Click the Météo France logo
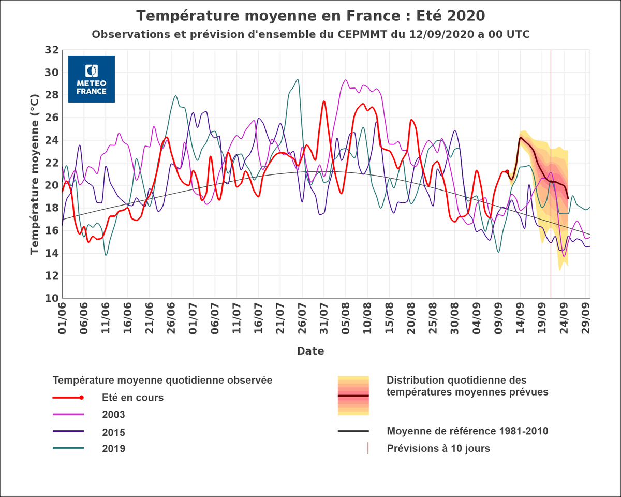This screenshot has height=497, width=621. pos(92,79)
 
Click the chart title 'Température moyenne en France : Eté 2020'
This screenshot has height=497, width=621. pos(310,16)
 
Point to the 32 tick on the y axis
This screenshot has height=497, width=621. pos(51,50)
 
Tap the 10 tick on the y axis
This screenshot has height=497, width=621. pos(51,299)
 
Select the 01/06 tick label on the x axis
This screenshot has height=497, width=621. pos(63,320)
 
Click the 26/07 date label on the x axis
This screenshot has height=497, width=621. pos(302,320)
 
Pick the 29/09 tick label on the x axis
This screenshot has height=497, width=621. pos(587,320)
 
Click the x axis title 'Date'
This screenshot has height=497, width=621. pos(310,352)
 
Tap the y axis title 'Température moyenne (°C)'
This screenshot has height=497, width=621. pos(35,174)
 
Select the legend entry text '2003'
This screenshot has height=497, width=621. pos(113,415)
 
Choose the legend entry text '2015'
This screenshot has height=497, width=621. pos(113,432)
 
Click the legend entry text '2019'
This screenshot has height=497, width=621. pos(113,449)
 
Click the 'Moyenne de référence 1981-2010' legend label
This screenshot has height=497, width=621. pos(467,431)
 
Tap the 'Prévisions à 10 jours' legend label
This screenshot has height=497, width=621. pos(438,448)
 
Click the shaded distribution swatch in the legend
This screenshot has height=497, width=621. pos(353,396)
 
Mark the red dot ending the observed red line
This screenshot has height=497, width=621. pos(507,171)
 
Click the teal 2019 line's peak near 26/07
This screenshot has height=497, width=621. pos(298,79)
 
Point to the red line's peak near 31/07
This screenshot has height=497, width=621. pos(324,101)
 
